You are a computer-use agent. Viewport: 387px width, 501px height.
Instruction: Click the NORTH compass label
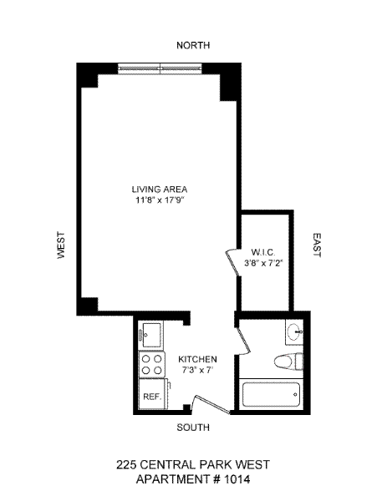point(193,45)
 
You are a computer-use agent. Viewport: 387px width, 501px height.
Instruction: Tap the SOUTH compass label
point(193,428)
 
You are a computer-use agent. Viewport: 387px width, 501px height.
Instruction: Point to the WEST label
point(61,245)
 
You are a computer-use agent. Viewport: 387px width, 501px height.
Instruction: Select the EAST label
point(316,245)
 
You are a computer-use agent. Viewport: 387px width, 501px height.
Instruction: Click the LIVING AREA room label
point(160,190)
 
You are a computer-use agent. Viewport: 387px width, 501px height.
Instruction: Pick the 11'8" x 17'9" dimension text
point(160,200)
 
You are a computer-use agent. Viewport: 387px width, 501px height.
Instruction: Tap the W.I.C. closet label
point(263,252)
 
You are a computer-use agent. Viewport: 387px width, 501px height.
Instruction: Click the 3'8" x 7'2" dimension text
point(263,263)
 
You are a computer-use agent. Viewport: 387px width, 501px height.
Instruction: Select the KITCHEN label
point(197,359)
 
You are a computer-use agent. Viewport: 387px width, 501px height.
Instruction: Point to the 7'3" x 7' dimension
point(197,370)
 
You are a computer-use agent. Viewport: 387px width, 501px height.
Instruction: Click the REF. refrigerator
point(152,393)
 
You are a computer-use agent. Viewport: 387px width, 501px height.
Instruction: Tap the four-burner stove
point(151,365)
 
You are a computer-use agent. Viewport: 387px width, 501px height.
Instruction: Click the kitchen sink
point(151,335)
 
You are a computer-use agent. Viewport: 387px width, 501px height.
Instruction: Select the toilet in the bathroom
point(288,361)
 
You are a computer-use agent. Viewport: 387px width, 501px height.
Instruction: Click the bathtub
point(271,395)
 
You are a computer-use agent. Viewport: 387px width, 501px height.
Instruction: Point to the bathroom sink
point(294,332)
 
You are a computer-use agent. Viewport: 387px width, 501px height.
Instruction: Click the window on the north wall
point(160,68)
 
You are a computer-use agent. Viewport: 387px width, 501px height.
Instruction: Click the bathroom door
point(244,341)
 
